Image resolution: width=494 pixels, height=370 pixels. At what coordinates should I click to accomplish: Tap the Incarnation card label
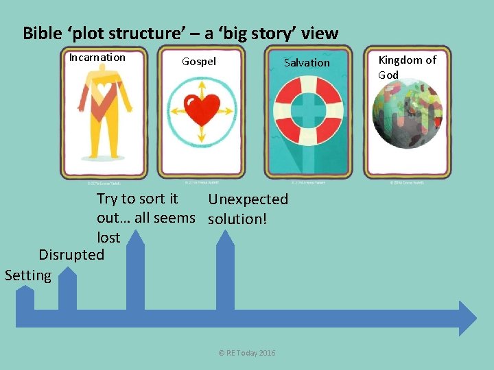click(97, 58)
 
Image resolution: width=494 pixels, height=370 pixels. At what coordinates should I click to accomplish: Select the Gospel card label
click(198, 62)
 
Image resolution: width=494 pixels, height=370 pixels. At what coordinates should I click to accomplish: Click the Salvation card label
click(307, 62)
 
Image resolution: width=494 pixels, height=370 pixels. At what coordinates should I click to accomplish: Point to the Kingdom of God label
click(407, 67)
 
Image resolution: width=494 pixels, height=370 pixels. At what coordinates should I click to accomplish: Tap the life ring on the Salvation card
click(307, 110)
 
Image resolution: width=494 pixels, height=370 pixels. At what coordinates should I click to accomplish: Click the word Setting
click(28, 275)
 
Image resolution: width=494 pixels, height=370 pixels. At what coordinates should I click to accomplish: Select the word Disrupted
click(71, 255)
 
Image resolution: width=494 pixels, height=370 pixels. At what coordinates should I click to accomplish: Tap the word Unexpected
click(248, 199)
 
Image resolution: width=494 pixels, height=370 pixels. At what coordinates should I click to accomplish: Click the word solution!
click(237, 219)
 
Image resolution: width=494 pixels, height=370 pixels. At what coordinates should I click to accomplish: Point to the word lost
click(108, 238)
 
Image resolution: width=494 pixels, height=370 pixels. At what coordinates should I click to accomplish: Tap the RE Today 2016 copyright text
click(247, 352)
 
